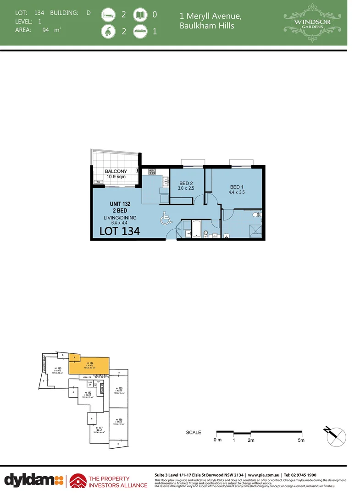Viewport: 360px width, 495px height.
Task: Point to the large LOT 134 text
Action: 119,232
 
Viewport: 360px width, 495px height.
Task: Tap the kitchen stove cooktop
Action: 152,172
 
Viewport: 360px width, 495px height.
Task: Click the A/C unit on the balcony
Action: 98,182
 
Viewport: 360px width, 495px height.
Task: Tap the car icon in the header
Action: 139,32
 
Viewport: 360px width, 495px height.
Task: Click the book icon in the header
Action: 139,15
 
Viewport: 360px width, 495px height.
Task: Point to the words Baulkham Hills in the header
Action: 207,26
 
